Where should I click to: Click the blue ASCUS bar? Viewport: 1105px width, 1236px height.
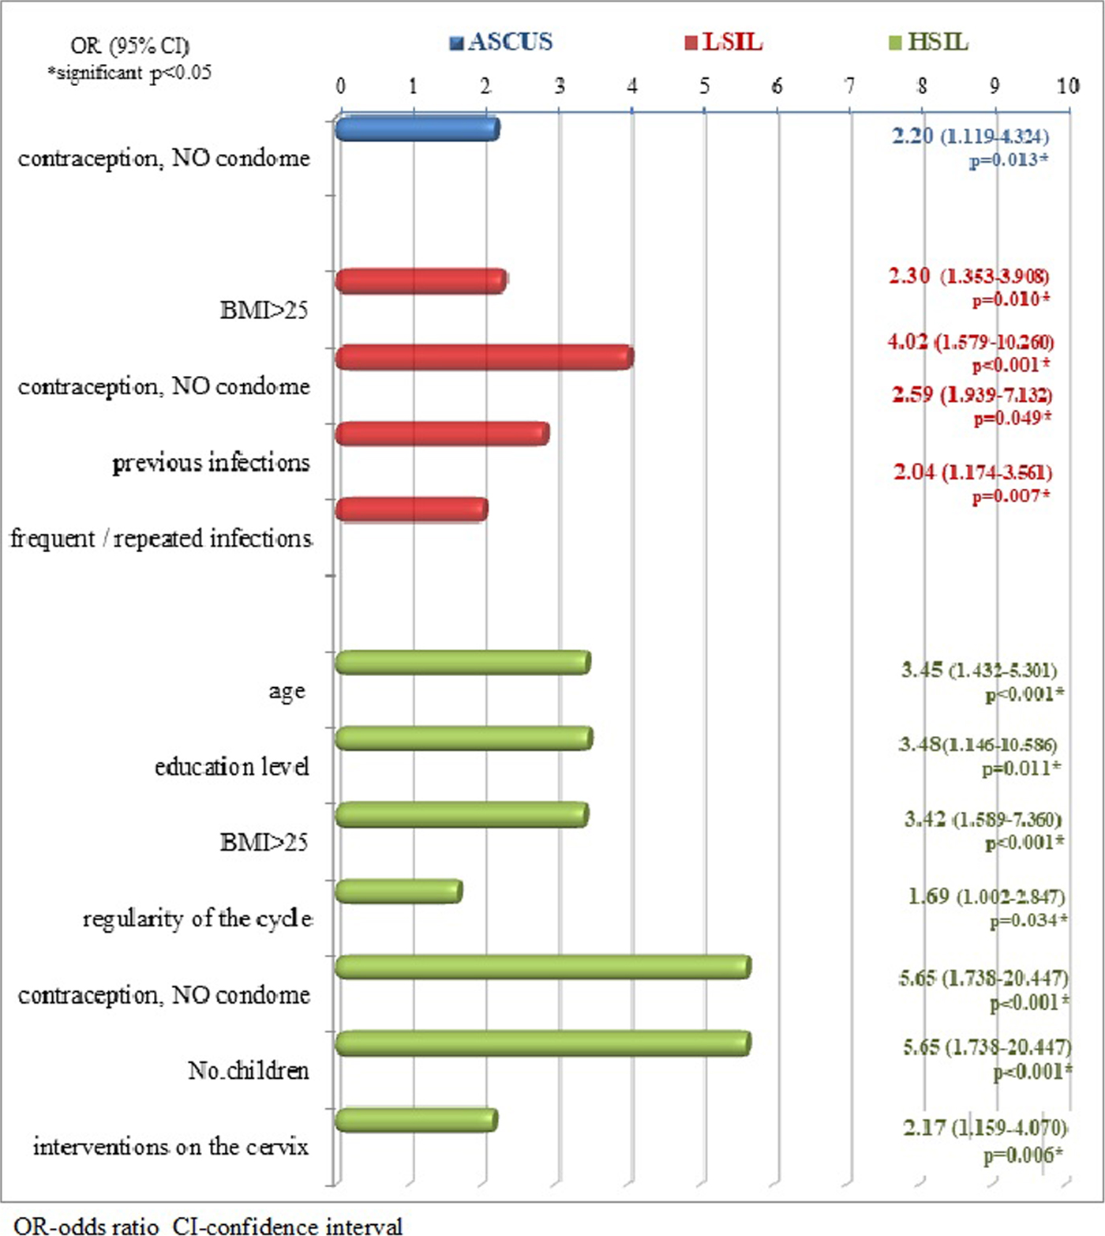coord(417,129)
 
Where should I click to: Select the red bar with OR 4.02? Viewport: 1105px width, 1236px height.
coord(484,357)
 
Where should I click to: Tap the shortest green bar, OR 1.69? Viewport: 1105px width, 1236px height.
coord(399,892)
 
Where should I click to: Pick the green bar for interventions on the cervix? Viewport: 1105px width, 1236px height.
coord(416,1120)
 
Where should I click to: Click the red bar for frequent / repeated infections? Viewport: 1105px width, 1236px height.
coord(411,509)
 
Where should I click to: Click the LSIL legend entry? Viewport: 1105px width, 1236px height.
coord(725,42)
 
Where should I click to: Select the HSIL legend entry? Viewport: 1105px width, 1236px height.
coord(929,42)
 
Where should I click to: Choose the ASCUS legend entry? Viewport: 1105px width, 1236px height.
coord(502,42)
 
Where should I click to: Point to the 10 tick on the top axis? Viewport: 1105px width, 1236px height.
coord(1068,85)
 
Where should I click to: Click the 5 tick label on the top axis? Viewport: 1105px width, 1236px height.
coord(704,85)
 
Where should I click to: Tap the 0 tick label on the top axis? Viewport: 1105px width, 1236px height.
coord(340,85)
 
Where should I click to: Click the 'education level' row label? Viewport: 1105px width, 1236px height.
coord(231,767)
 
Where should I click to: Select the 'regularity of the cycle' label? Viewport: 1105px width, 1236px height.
coord(197,919)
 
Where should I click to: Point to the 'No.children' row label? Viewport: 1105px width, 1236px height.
coord(248,1071)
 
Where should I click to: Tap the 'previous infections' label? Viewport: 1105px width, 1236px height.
coord(211,463)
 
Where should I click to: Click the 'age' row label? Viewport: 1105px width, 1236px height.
coord(287,691)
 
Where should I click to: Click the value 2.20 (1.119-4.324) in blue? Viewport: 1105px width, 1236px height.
coord(971,137)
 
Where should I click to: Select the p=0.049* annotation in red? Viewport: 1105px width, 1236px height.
coord(1012,418)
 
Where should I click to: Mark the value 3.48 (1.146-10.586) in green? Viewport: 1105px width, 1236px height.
coord(978,745)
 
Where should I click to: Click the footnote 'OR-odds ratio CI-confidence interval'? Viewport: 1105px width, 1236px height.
coord(208,1225)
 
